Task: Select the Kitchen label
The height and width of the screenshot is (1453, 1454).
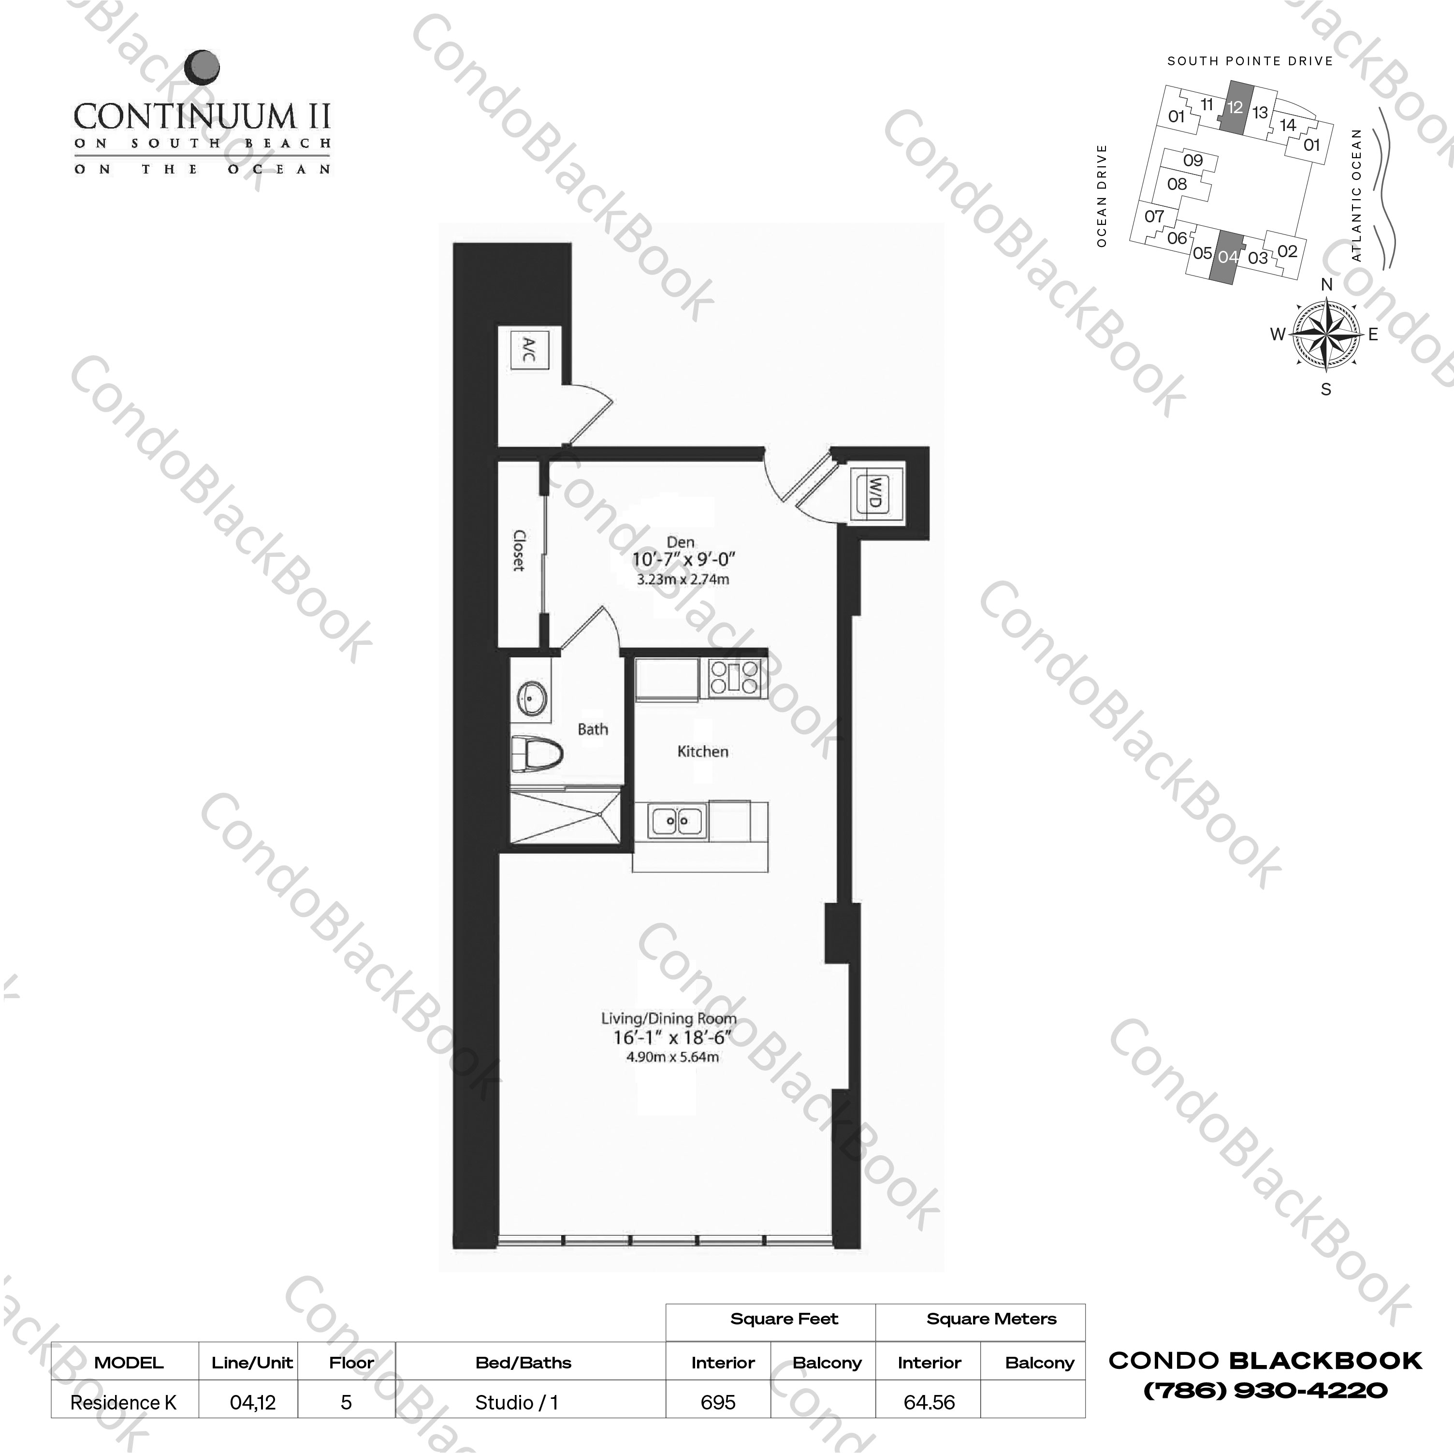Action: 702,751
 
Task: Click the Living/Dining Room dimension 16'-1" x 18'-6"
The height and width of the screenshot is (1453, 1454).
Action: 672,1038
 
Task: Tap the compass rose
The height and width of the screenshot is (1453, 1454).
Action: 1326,335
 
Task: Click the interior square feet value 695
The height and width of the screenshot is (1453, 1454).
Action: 717,1402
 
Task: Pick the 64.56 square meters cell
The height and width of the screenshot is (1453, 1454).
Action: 929,1402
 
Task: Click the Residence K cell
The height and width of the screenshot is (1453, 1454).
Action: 123,1402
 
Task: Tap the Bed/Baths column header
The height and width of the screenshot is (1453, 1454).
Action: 523,1362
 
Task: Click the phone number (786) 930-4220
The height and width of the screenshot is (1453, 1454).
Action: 1265,1389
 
